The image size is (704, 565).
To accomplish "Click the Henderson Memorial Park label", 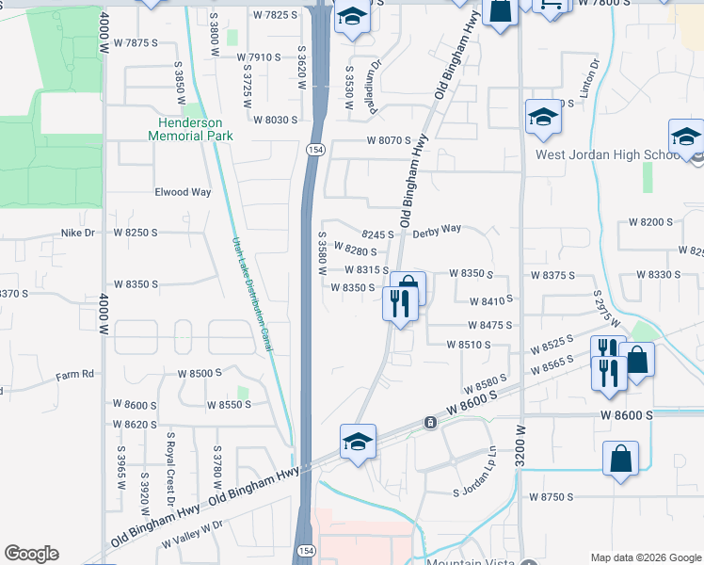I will tap(190, 129).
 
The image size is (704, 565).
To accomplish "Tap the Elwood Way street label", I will tap(183, 192).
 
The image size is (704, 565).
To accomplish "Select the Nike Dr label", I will tap(78, 232).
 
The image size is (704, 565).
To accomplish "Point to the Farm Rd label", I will tap(75, 374).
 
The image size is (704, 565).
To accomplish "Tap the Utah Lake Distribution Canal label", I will tap(252, 294).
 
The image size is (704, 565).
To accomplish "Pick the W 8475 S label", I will tap(489, 325).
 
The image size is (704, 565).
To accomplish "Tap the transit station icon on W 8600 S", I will tap(429, 423).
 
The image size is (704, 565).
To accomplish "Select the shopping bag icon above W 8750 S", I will tap(620, 460).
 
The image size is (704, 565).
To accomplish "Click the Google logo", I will tap(31, 554).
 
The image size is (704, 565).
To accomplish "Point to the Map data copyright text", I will tap(645, 557).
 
